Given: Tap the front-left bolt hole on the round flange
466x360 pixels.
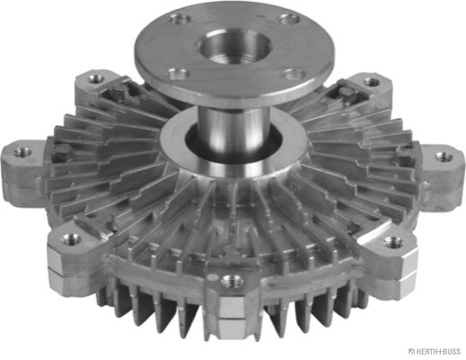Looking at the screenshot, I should (x=179, y=75).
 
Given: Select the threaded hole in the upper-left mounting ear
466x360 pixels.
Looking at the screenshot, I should (x=94, y=82).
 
